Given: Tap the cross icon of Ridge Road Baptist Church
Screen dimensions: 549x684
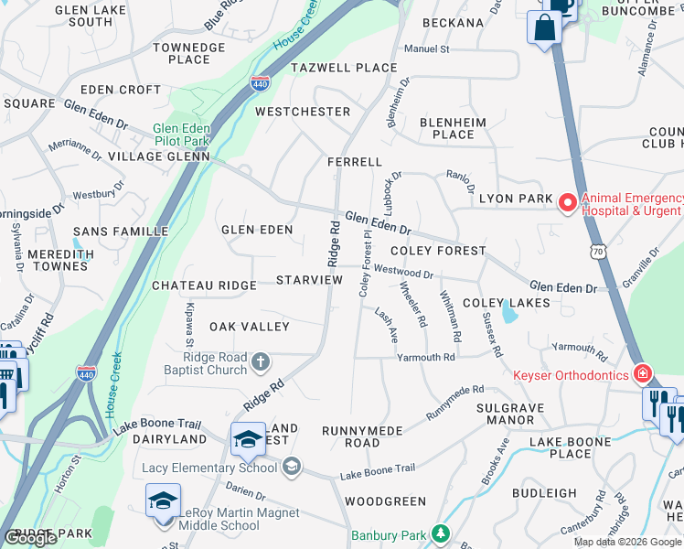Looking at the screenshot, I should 261,362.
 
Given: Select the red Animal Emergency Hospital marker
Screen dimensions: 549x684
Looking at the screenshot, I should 568,202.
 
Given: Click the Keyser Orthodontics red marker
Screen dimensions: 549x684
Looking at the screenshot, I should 643,374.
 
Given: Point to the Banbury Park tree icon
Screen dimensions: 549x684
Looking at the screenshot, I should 441,533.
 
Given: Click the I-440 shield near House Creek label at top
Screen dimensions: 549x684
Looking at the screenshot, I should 260,82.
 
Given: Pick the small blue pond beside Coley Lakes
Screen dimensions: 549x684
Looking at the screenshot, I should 508,315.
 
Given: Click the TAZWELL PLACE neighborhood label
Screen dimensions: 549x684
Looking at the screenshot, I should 344,68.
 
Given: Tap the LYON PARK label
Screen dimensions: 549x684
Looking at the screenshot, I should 517,199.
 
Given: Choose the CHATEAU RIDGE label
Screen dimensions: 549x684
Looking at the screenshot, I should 204,285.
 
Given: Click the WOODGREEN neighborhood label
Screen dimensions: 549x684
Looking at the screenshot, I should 386,501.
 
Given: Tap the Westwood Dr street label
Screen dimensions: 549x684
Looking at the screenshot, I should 403,272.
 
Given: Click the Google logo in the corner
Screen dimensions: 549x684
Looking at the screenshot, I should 31,538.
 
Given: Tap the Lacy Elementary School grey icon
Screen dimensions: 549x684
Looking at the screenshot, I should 291,468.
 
